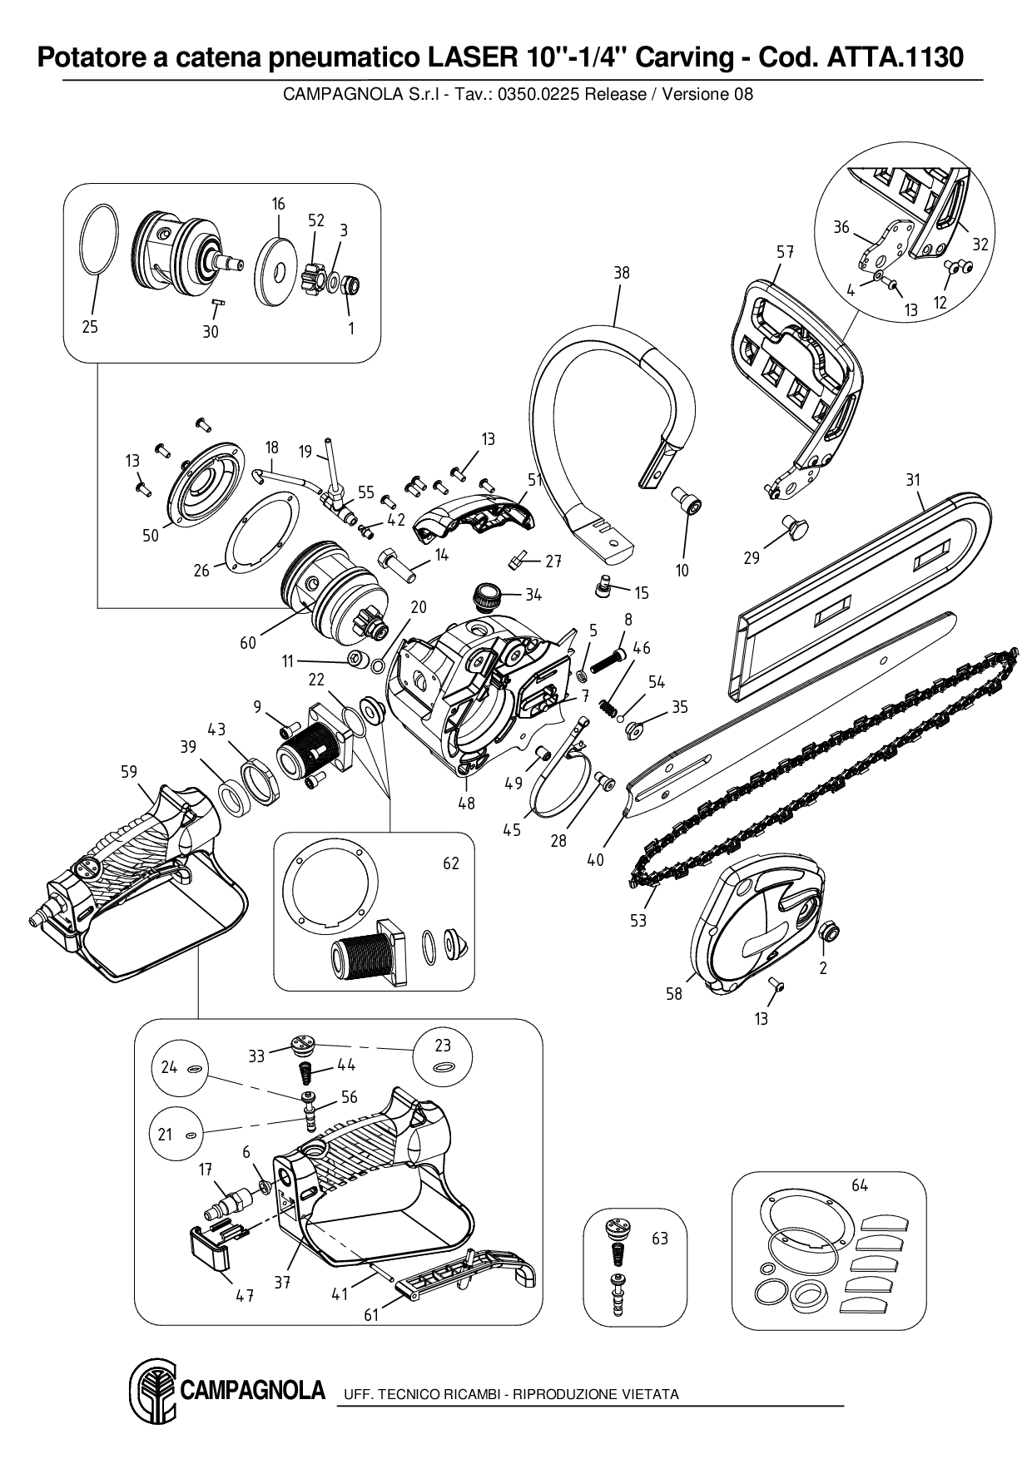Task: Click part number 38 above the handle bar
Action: tap(622, 273)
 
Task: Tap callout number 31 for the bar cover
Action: tap(914, 480)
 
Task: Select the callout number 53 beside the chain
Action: tap(638, 920)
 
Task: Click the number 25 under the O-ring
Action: tap(90, 327)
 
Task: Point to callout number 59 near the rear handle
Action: tap(129, 771)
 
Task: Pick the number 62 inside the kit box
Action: tap(451, 863)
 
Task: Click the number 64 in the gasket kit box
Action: tap(860, 1185)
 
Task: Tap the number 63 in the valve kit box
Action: tap(660, 1239)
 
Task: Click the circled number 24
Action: tap(170, 1066)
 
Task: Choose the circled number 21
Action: tap(165, 1134)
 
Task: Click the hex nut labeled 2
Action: tap(828, 932)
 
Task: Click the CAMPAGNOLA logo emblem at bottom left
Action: tap(151, 1393)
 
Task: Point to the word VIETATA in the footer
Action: tap(650, 1394)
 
